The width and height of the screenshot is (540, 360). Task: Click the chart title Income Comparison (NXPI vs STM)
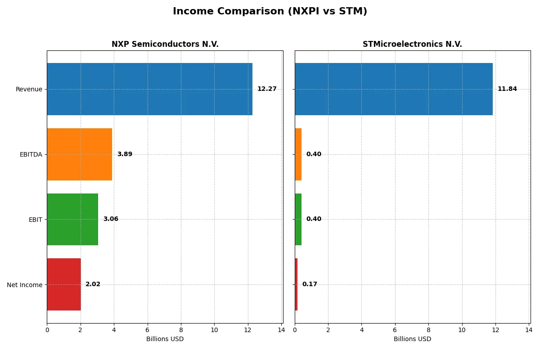click(x=270, y=12)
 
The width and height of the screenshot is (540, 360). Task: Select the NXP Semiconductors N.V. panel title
click(x=165, y=45)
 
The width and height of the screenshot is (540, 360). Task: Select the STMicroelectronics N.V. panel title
click(x=412, y=45)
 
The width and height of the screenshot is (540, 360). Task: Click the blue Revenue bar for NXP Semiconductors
click(x=149, y=89)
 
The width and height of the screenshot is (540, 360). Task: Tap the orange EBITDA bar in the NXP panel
click(x=79, y=154)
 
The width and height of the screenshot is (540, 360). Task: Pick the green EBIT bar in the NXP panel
click(x=72, y=219)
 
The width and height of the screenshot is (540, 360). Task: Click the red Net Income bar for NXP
click(x=64, y=284)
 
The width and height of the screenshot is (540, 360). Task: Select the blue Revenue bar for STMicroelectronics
click(x=394, y=89)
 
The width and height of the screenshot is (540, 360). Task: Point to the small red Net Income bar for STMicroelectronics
click(x=296, y=284)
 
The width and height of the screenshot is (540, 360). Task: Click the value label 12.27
click(x=267, y=89)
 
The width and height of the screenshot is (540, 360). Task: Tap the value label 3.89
click(x=125, y=154)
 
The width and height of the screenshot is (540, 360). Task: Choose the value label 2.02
click(x=93, y=284)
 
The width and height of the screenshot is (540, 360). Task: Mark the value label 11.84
click(x=507, y=89)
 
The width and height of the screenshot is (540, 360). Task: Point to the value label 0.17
click(x=310, y=284)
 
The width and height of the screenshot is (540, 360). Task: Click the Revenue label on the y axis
click(x=29, y=89)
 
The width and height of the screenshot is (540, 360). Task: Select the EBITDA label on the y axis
click(x=31, y=154)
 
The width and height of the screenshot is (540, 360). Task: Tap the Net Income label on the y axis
click(x=25, y=284)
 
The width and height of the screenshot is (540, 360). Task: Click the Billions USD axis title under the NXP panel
click(x=165, y=339)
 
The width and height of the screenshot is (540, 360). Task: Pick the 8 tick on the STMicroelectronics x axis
click(x=428, y=330)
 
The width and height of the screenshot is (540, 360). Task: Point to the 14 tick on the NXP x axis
click(x=281, y=330)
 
